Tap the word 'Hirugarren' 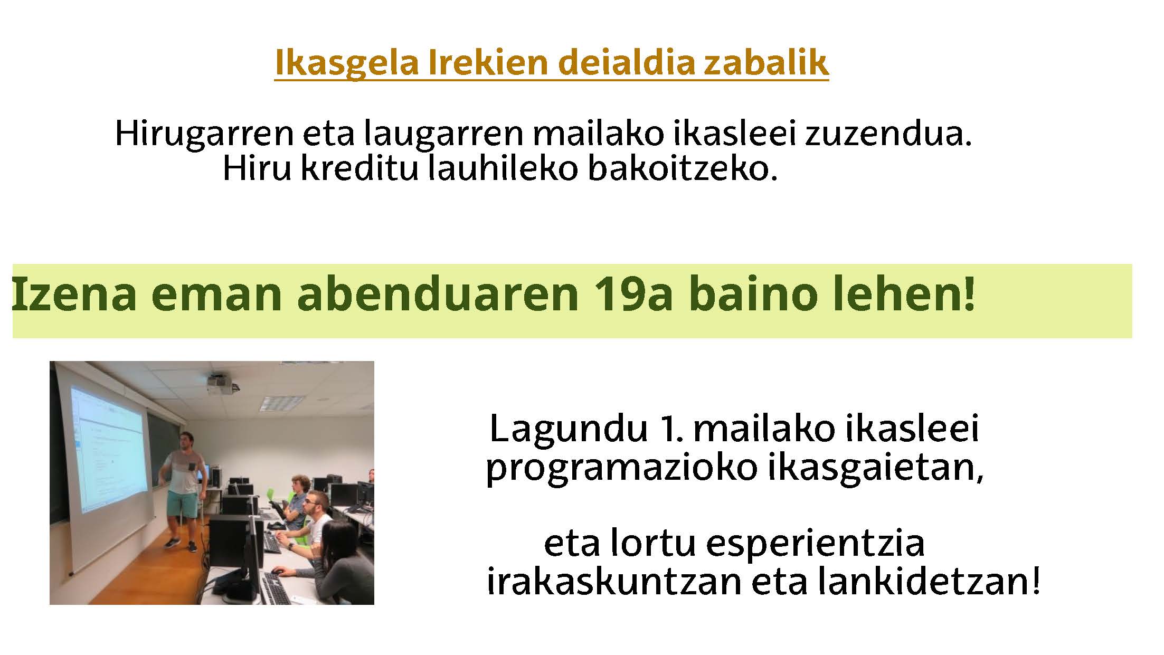pyautogui.click(x=204, y=134)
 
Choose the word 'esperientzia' pyautogui.click(x=815, y=544)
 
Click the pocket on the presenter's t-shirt pyautogui.click(x=191, y=468)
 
